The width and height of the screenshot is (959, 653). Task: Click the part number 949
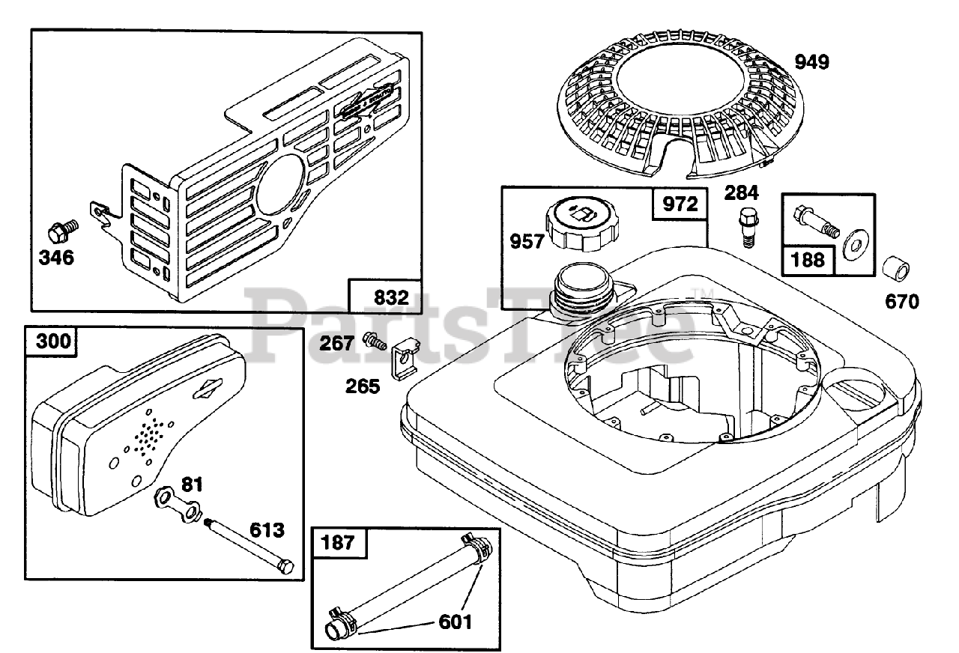812,62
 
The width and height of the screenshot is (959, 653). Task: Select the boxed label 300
52,342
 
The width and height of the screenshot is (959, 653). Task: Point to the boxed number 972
680,204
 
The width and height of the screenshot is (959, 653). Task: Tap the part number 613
267,530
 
